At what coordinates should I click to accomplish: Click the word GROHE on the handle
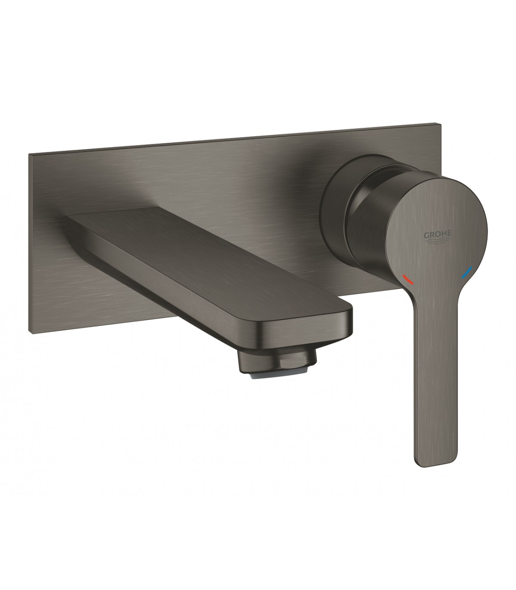pyautogui.click(x=437, y=235)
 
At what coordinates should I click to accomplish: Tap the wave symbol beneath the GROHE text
pyautogui.click(x=438, y=242)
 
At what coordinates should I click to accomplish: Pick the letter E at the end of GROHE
pyautogui.click(x=448, y=234)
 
